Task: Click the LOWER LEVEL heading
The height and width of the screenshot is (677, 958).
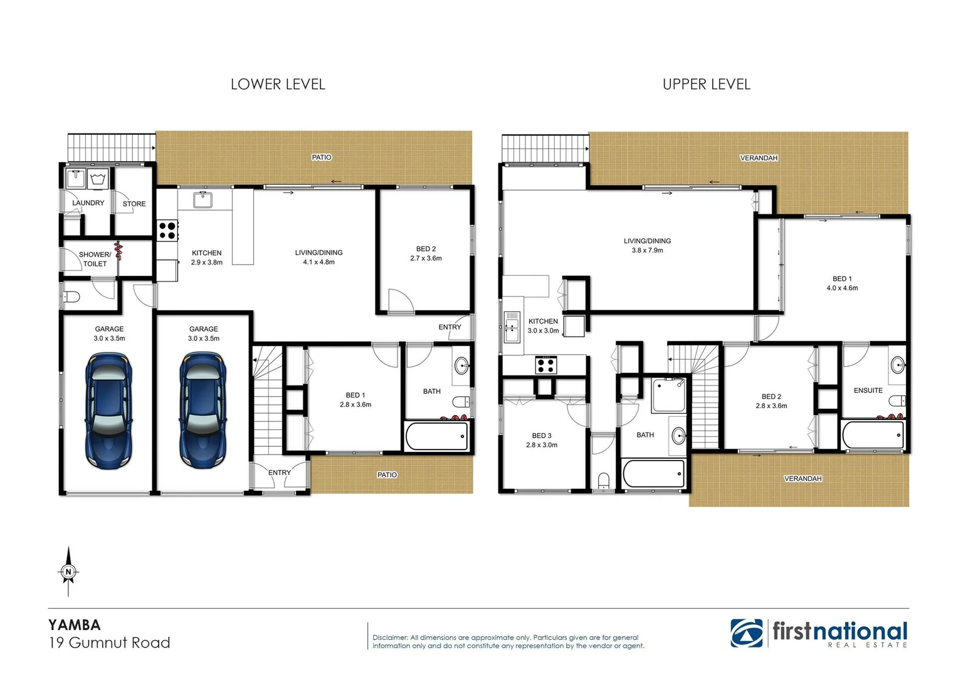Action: point(278,84)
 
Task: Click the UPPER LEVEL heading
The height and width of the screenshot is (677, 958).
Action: point(706,84)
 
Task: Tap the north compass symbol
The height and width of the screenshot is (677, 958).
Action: point(68,571)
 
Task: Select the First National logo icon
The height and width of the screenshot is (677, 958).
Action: point(746,633)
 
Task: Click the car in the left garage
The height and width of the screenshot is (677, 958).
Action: point(109,410)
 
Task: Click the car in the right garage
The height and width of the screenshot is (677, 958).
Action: point(203,410)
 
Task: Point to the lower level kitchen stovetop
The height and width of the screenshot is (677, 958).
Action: point(167,231)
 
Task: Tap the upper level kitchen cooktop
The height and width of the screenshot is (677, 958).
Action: point(545,365)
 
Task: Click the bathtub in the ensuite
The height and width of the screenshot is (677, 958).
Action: point(873,434)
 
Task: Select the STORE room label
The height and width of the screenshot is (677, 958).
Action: point(134,204)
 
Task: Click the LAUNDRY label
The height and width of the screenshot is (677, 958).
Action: point(88,203)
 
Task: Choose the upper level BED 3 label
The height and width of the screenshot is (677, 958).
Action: point(541,436)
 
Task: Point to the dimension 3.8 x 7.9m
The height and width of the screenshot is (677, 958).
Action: point(647,250)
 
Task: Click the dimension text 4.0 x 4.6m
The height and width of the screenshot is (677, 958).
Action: point(842,288)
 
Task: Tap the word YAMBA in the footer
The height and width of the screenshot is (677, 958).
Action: point(75,625)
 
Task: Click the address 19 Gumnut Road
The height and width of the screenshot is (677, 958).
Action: point(110,643)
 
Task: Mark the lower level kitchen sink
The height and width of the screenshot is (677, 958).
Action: point(203,200)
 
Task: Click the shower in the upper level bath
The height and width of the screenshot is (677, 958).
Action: point(668,395)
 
